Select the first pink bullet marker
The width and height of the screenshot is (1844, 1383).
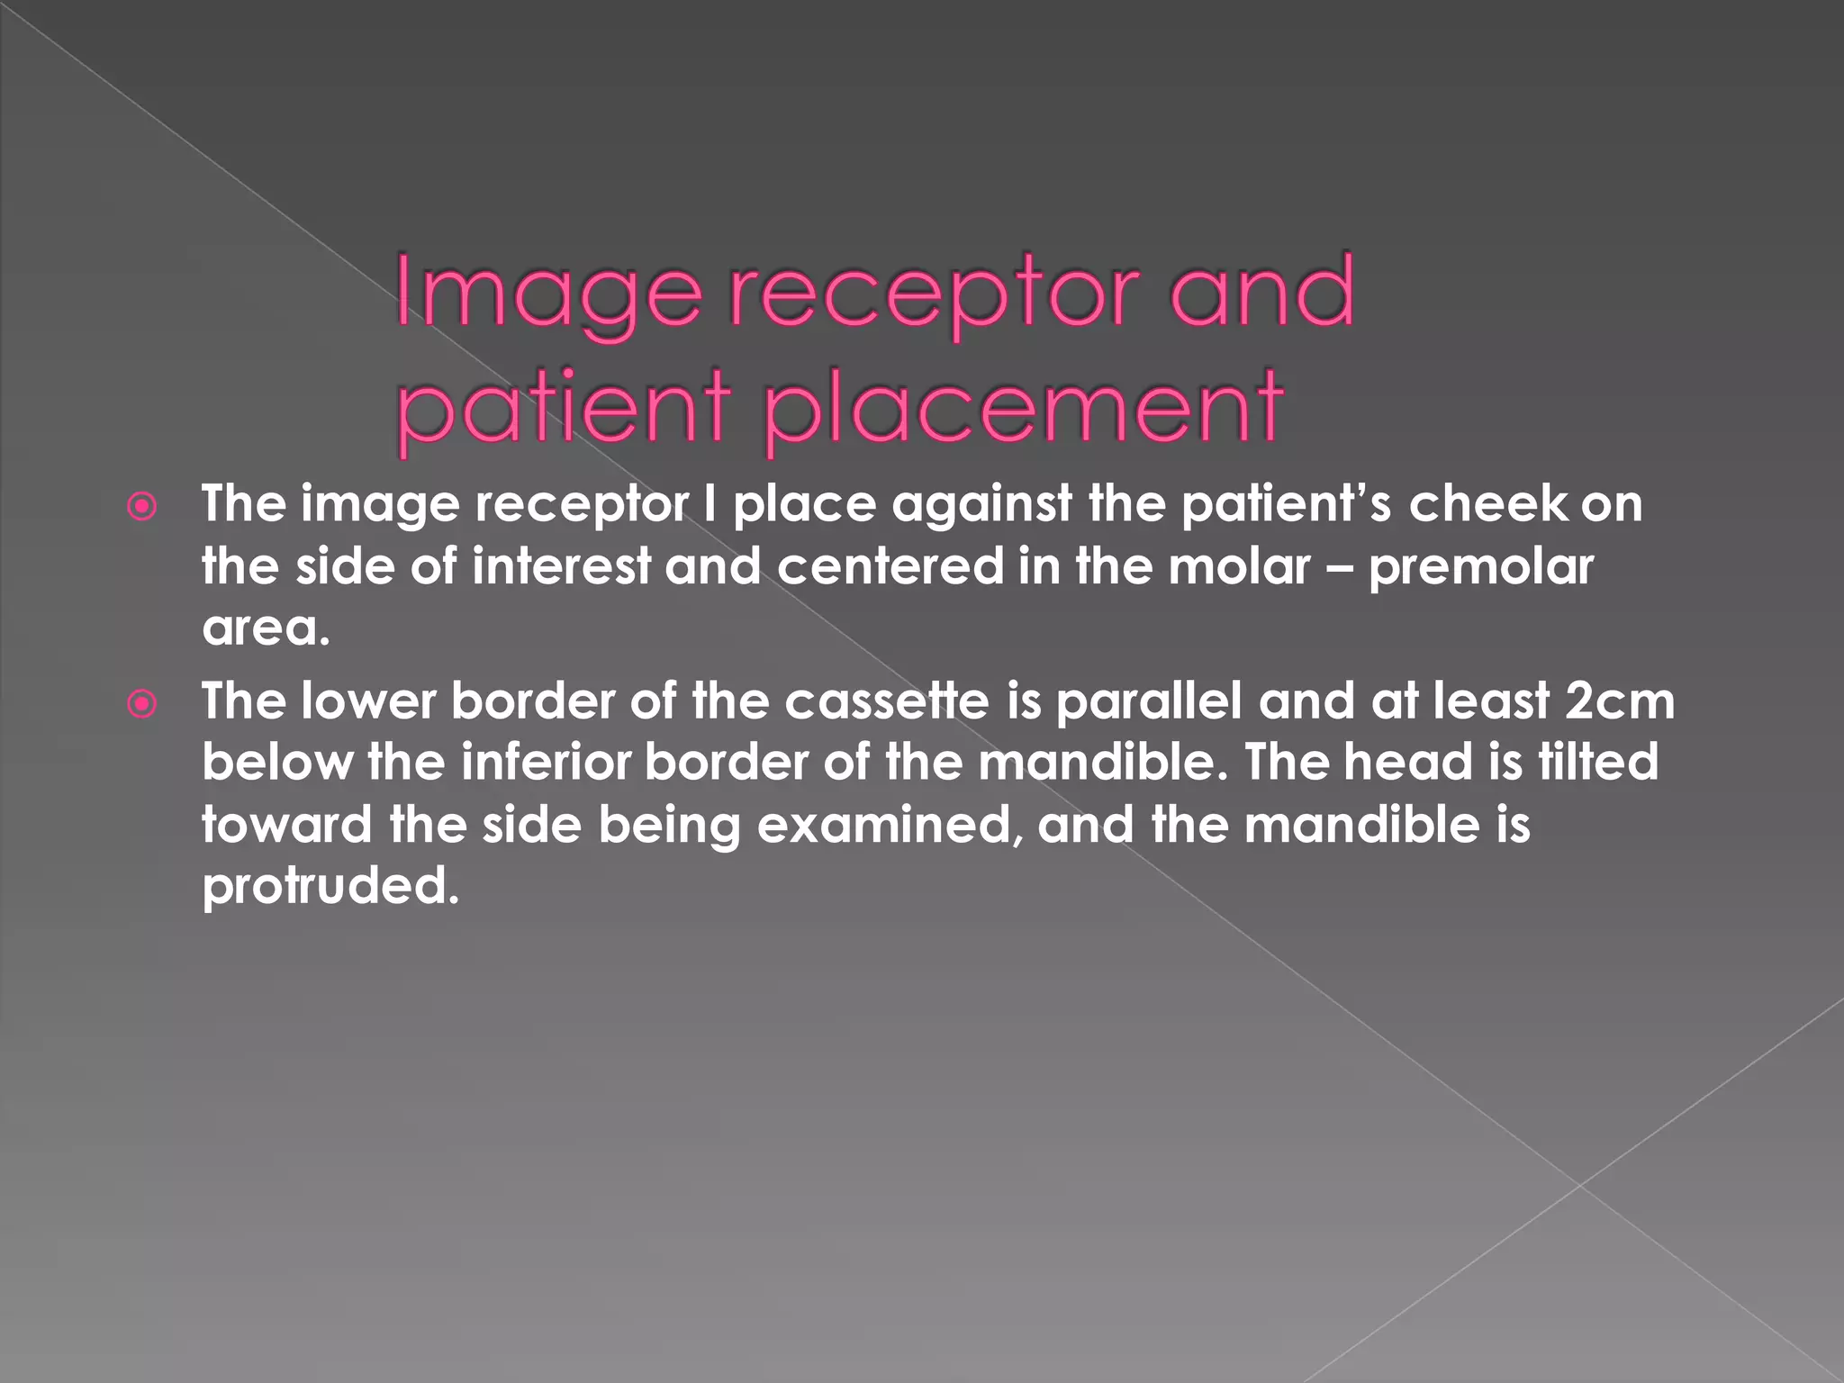[142, 508]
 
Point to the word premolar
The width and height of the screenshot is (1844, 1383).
[1481, 566]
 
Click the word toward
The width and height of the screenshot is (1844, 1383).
[286, 825]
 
